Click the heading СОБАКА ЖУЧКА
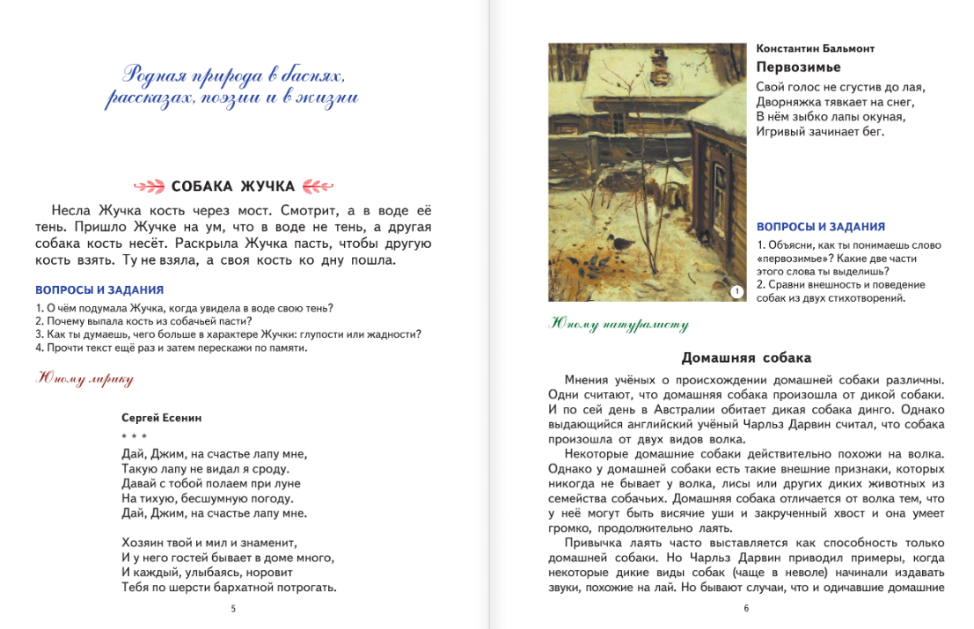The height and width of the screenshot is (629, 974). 233,186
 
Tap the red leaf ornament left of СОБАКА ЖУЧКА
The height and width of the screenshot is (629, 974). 148,186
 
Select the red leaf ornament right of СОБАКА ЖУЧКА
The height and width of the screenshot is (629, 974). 318,186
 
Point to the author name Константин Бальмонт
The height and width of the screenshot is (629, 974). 815,48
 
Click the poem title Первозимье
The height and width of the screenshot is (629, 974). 799,68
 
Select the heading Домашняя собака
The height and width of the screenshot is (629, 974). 746,357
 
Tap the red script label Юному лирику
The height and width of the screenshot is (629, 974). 84,379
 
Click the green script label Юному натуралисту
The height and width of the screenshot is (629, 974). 619,324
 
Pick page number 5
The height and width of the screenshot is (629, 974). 232,608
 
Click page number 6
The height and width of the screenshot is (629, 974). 746,608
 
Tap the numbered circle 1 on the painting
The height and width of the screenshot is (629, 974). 736,290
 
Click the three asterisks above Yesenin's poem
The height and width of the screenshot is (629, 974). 135,436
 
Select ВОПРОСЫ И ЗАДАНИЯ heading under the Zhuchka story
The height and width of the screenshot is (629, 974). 99,289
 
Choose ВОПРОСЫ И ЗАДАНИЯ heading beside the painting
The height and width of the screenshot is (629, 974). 821,227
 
